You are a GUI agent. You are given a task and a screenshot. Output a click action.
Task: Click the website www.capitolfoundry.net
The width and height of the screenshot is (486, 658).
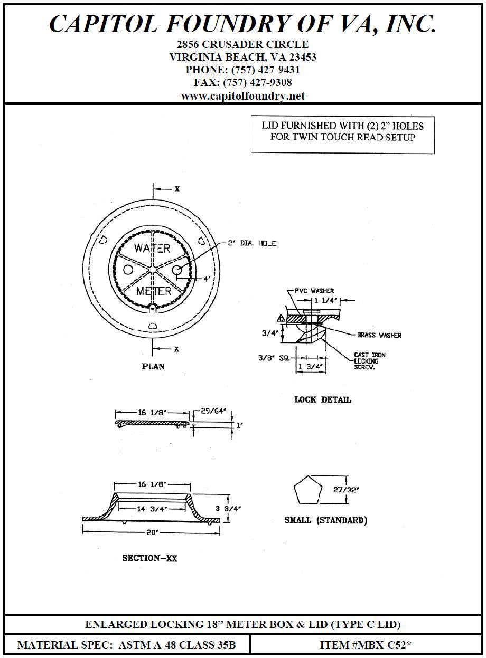point(243,96)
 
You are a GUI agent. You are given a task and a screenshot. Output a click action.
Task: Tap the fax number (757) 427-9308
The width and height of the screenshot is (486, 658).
point(243,83)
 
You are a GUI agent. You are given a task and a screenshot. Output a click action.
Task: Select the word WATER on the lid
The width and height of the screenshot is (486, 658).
point(152,249)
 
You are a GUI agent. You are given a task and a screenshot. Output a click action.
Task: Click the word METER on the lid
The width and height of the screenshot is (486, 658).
point(154,291)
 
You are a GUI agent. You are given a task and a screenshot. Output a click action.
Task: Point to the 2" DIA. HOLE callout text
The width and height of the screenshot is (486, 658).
point(252,243)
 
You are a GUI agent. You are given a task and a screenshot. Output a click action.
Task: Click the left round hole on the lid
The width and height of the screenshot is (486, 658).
point(128,270)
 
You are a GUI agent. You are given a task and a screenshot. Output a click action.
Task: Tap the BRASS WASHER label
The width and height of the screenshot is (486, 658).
point(379,335)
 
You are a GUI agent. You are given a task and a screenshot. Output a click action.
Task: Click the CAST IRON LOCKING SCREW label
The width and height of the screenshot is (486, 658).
point(369,361)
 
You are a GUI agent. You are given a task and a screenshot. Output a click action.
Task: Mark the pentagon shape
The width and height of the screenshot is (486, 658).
point(308,490)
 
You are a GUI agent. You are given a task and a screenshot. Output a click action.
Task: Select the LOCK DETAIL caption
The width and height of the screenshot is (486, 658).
point(322,399)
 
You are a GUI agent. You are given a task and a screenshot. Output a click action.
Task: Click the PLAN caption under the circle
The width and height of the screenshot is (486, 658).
point(153,366)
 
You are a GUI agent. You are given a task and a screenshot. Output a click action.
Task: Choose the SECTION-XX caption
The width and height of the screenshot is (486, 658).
point(150,558)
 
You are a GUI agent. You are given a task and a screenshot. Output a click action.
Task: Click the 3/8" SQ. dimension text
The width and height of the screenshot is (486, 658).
point(274,357)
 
